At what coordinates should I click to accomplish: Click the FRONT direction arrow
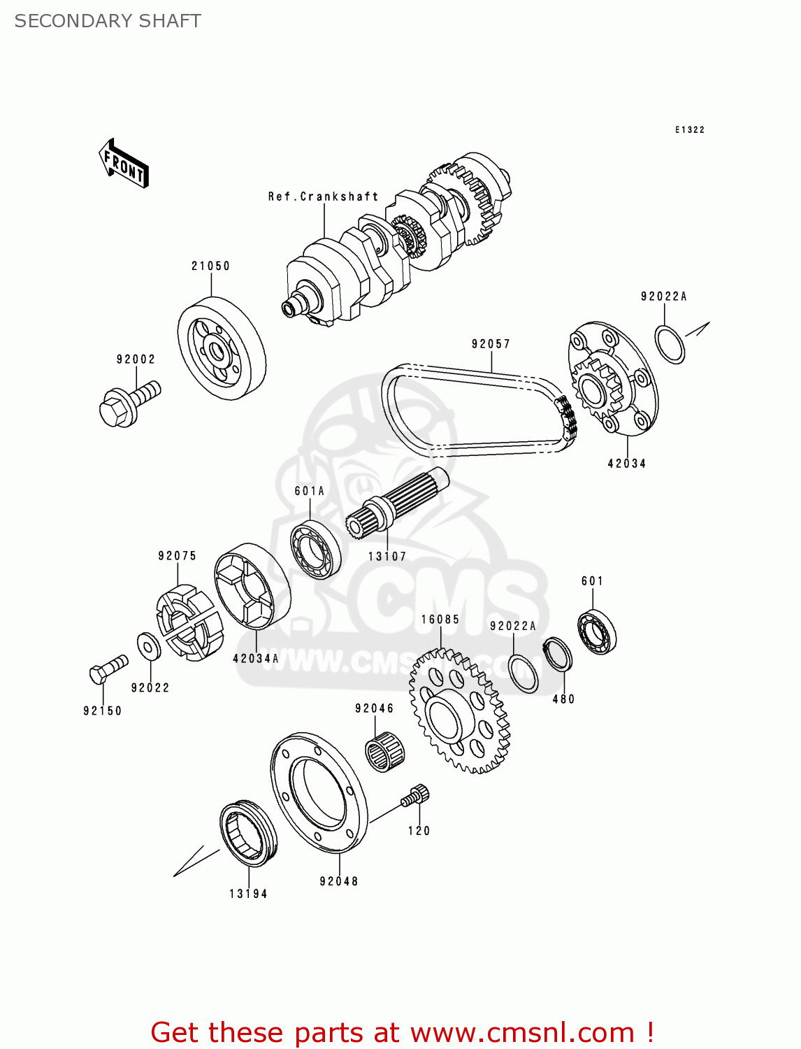click(124, 164)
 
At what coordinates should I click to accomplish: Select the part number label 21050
click(210, 266)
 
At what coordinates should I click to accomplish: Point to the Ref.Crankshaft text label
click(323, 197)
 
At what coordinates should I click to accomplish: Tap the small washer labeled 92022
click(148, 647)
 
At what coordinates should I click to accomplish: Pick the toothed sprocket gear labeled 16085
click(459, 711)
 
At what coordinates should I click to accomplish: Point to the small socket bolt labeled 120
click(416, 796)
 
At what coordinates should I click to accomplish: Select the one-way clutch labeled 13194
click(247, 833)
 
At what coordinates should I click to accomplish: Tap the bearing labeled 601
click(597, 631)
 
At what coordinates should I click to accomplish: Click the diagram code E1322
click(689, 130)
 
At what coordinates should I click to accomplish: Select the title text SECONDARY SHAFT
click(108, 21)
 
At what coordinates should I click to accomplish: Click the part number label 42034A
click(255, 659)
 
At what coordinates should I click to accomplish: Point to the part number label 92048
click(339, 882)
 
